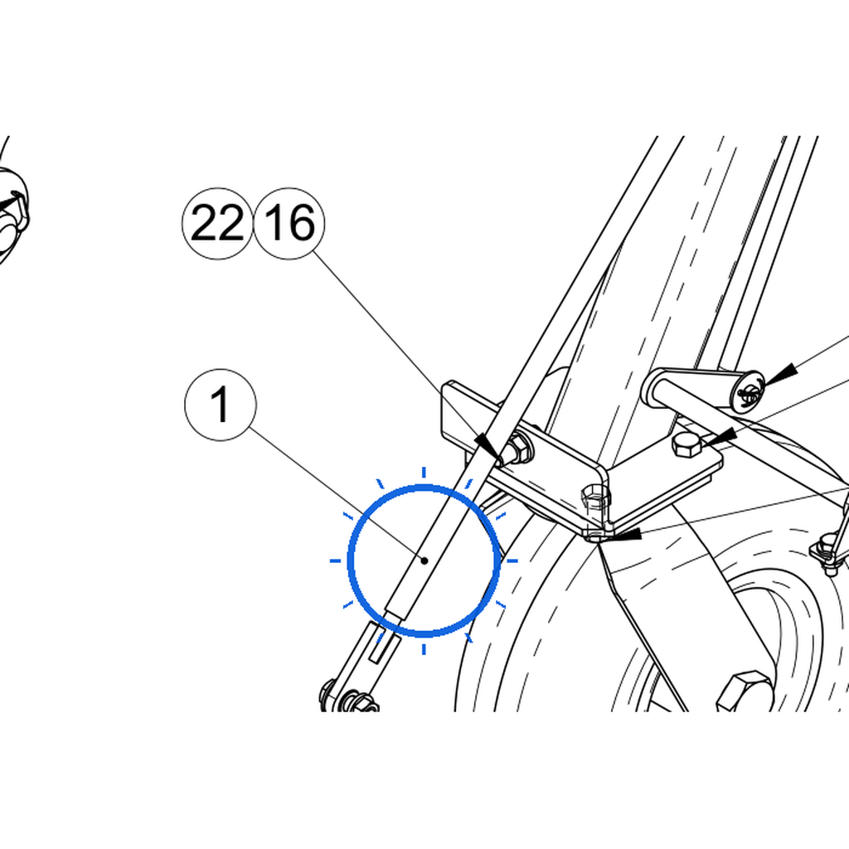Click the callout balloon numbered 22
(x=217, y=223)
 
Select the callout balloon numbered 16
(x=289, y=223)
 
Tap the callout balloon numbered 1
(x=221, y=405)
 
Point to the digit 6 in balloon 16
(x=302, y=222)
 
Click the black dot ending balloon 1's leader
(x=425, y=560)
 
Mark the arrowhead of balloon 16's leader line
(x=489, y=449)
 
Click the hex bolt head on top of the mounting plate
(x=686, y=444)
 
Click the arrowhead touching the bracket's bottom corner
(x=623, y=536)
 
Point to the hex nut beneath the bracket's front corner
(x=595, y=497)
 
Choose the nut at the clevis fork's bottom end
(x=361, y=701)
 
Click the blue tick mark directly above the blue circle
(x=424, y=473)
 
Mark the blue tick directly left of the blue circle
(x=336, y=560)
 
